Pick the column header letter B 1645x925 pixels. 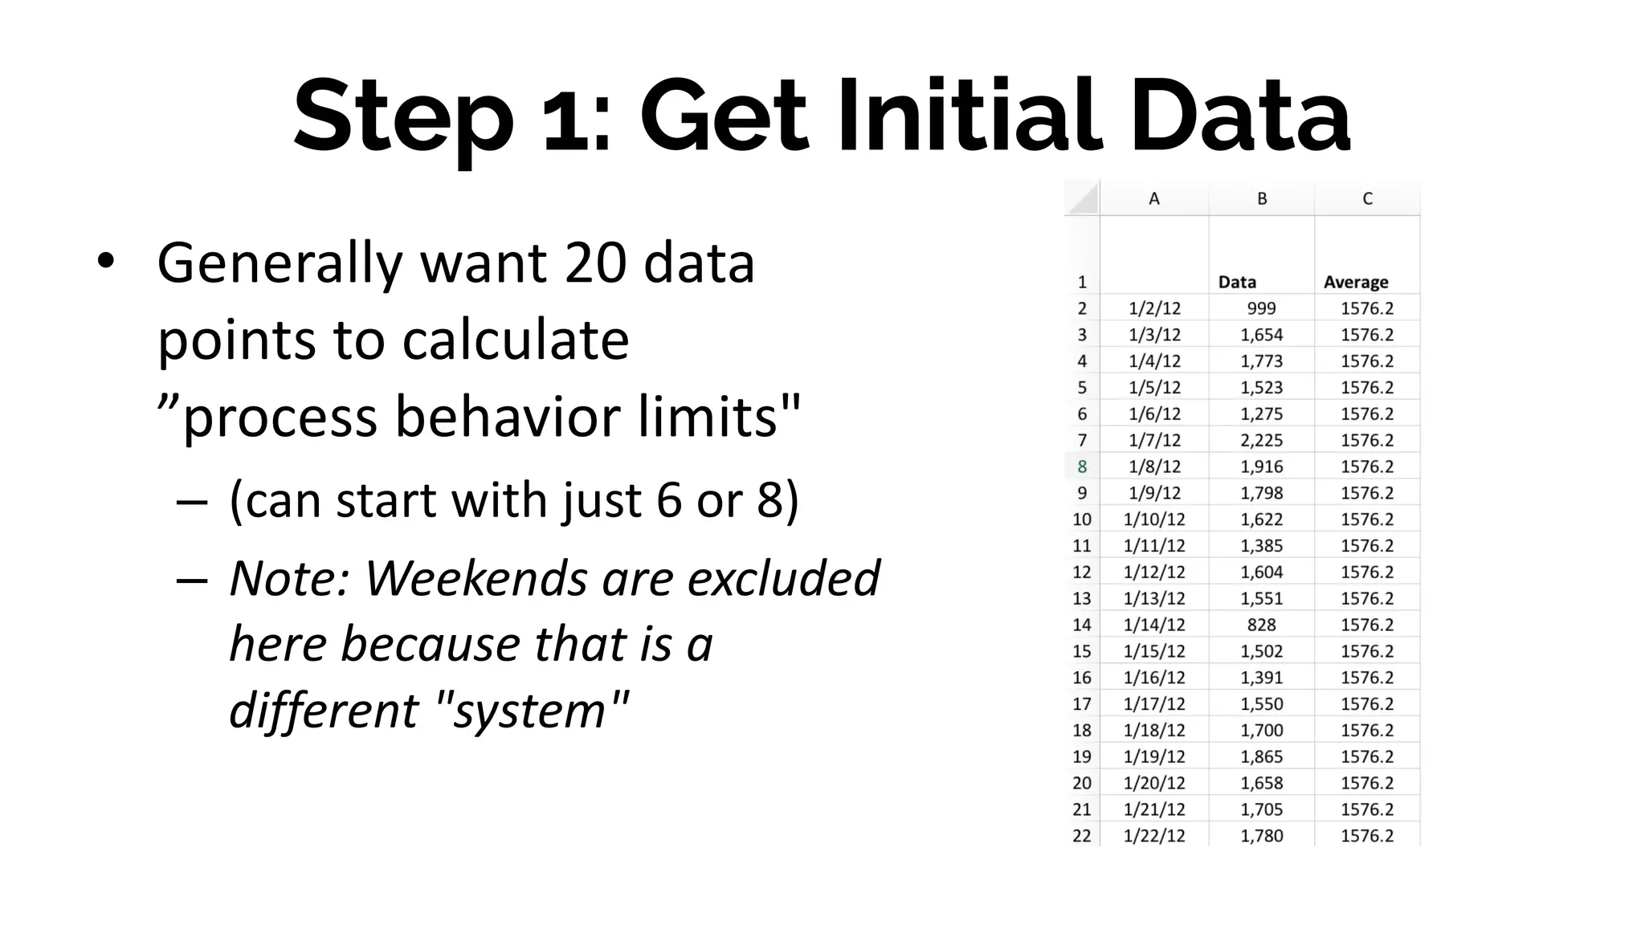1262,199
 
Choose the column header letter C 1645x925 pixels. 1367,199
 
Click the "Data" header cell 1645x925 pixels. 1237,282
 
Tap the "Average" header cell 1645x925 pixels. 1356,282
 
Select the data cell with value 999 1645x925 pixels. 1261,308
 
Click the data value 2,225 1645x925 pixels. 1261,440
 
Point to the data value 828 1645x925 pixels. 1261,625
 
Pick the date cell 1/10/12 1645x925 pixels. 1154,520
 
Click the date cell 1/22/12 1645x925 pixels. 1154,836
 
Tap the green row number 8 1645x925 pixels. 1082,467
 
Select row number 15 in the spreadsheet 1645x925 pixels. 1082,651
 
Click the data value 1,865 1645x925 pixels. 1261,756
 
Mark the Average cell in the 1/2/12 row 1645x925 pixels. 1367,308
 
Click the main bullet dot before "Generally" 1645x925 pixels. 105,262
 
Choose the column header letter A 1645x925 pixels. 1154,199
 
